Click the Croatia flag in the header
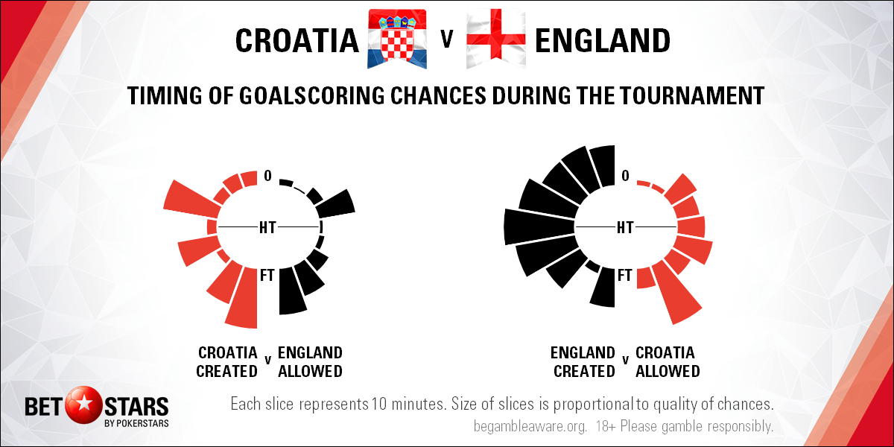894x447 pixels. pyautogui.click(x=396, y=39)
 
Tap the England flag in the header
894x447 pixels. pyautogui.click(x=496, y=39)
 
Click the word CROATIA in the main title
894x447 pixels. pyautogui.click(x=297, y=41)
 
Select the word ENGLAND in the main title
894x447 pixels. pyautogui.click(x=602, y=41)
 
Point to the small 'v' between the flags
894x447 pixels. pyautogui.click(x=447, y=39)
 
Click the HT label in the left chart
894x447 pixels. pyautogui.click(x=267, y=227)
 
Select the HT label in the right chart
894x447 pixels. pyautogui.click(x=625, y=227)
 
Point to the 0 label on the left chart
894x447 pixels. pyautogui.click(x=267, y=176)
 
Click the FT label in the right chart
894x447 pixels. pyautogui.click(x=625, y=275)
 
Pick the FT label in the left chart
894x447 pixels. pyautogui.click(x=267, y=275)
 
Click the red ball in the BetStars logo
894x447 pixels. pyautogui.click(x=83, y=405)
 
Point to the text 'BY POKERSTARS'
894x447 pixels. pyautogui.click(x=136, y=423)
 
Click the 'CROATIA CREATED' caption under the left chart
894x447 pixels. pyautogui.click(x=227, y=362)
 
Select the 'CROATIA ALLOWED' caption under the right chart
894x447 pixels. pyautogui.click(x=668, y=362)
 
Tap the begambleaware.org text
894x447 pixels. pyautogui.click(x=530, y=426)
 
